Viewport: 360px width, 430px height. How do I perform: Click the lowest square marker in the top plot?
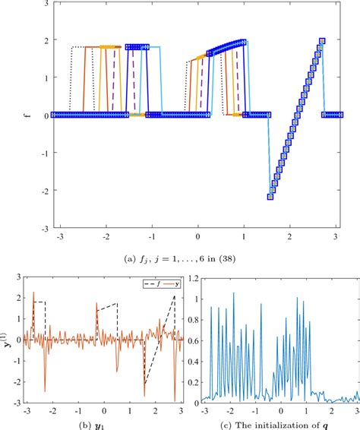[x=270, y=196]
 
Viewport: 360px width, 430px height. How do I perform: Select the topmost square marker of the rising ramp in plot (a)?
[x=322, y=41]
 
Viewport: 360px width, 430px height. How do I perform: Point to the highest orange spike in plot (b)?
[x=33, y=292]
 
